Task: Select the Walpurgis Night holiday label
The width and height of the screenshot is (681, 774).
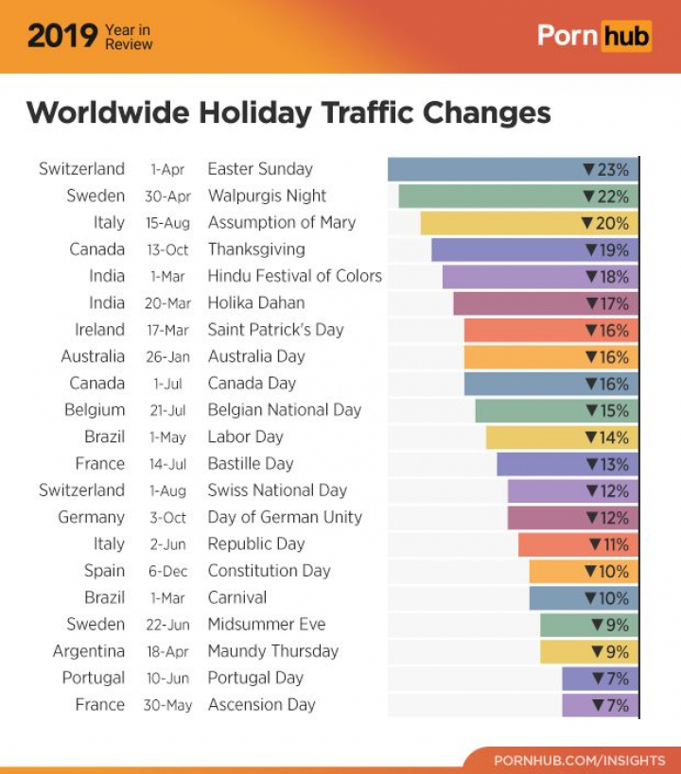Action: pos(267,196)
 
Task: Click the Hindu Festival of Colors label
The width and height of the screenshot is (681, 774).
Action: pos(294,276)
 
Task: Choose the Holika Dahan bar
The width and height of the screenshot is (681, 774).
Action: pos(545,303)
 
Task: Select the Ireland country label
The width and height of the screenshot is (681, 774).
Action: pos(99,330)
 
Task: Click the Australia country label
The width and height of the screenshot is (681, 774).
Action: pos(93,356)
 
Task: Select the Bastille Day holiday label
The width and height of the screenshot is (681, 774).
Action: pos(251,463)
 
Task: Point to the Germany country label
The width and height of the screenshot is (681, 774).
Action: pos(91,517)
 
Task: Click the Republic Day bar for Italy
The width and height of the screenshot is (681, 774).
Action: pos(577,544)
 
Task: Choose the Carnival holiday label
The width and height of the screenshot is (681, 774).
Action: pos(236,597)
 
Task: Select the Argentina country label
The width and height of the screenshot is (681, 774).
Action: pos(89,651)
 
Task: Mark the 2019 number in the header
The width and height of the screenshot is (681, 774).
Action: pos(61,36)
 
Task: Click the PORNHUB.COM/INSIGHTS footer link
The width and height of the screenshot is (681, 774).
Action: pos(580,760)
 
